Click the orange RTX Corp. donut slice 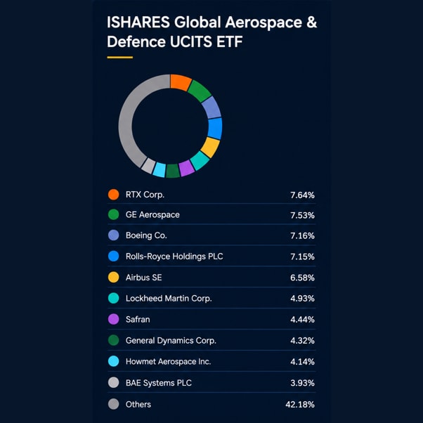(x=181, y=82)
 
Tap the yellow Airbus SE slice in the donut (x=210, y=148)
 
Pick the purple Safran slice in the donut (x=186, y=169)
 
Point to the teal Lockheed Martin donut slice (x=200, y=160)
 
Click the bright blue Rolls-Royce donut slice (x=215, y=129)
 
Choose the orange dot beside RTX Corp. (x=114, y=195)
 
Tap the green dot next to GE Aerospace (x=114, y=215)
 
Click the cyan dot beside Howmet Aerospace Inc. (x=114, y=361)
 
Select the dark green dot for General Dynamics (x=114, y=340)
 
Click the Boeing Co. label (x=146, y=235)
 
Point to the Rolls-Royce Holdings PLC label (x=174, y=256)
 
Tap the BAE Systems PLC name (x=159, y=383)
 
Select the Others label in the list (x=138, y=404)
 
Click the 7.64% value (x=302, y=195)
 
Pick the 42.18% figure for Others (x=300, y=405)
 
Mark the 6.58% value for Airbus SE (x=302, y=278)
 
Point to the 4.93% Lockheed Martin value (x=302, y=299)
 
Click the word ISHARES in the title (x=138, y=22)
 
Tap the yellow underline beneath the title (x=120, y=57)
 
